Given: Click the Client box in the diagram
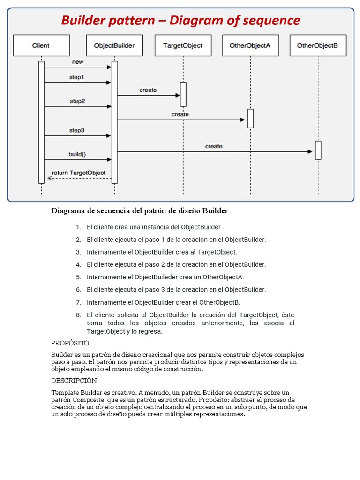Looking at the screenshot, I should pyautogui.click(x=41, y=45).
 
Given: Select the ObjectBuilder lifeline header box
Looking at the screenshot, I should pyautogui.click(x=114, y=45).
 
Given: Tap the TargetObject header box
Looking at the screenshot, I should pyautogui.click(x=183, y=45).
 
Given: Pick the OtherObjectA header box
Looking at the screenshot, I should pyautogui.click(x=250, y=45).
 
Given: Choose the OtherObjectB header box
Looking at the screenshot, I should pyautogui.click(x=318, y=45).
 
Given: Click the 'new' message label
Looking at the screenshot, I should pyautogui.click(x=77, y=62).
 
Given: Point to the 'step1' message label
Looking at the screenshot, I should pyautogui.click(x=77, y=77).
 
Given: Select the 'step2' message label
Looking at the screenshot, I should pyautogui.click(x=77, y=101).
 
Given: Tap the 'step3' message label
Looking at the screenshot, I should pyautogui.click(x=77, y=130).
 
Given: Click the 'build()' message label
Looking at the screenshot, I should pyautogui.click(x=77, y=154).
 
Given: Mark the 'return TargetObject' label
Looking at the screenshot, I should pyautogui.click(x=79, y=173).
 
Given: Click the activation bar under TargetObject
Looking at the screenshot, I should pyautogui.click(x=183, y=94).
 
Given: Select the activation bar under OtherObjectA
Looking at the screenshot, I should pyautogui.click(x=251, y=118).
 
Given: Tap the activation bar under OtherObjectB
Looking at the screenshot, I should pyautogui.click(x=318, y=150).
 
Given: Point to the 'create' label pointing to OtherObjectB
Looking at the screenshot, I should pyautogui.click(x=214, y=146).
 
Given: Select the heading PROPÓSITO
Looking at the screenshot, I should pyautogui.click(x=70, y=343).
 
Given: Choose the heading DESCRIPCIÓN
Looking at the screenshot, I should pyautogui.click(x=74, y=380).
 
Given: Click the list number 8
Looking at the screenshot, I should pyautogui.click(x=78, y=315).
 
